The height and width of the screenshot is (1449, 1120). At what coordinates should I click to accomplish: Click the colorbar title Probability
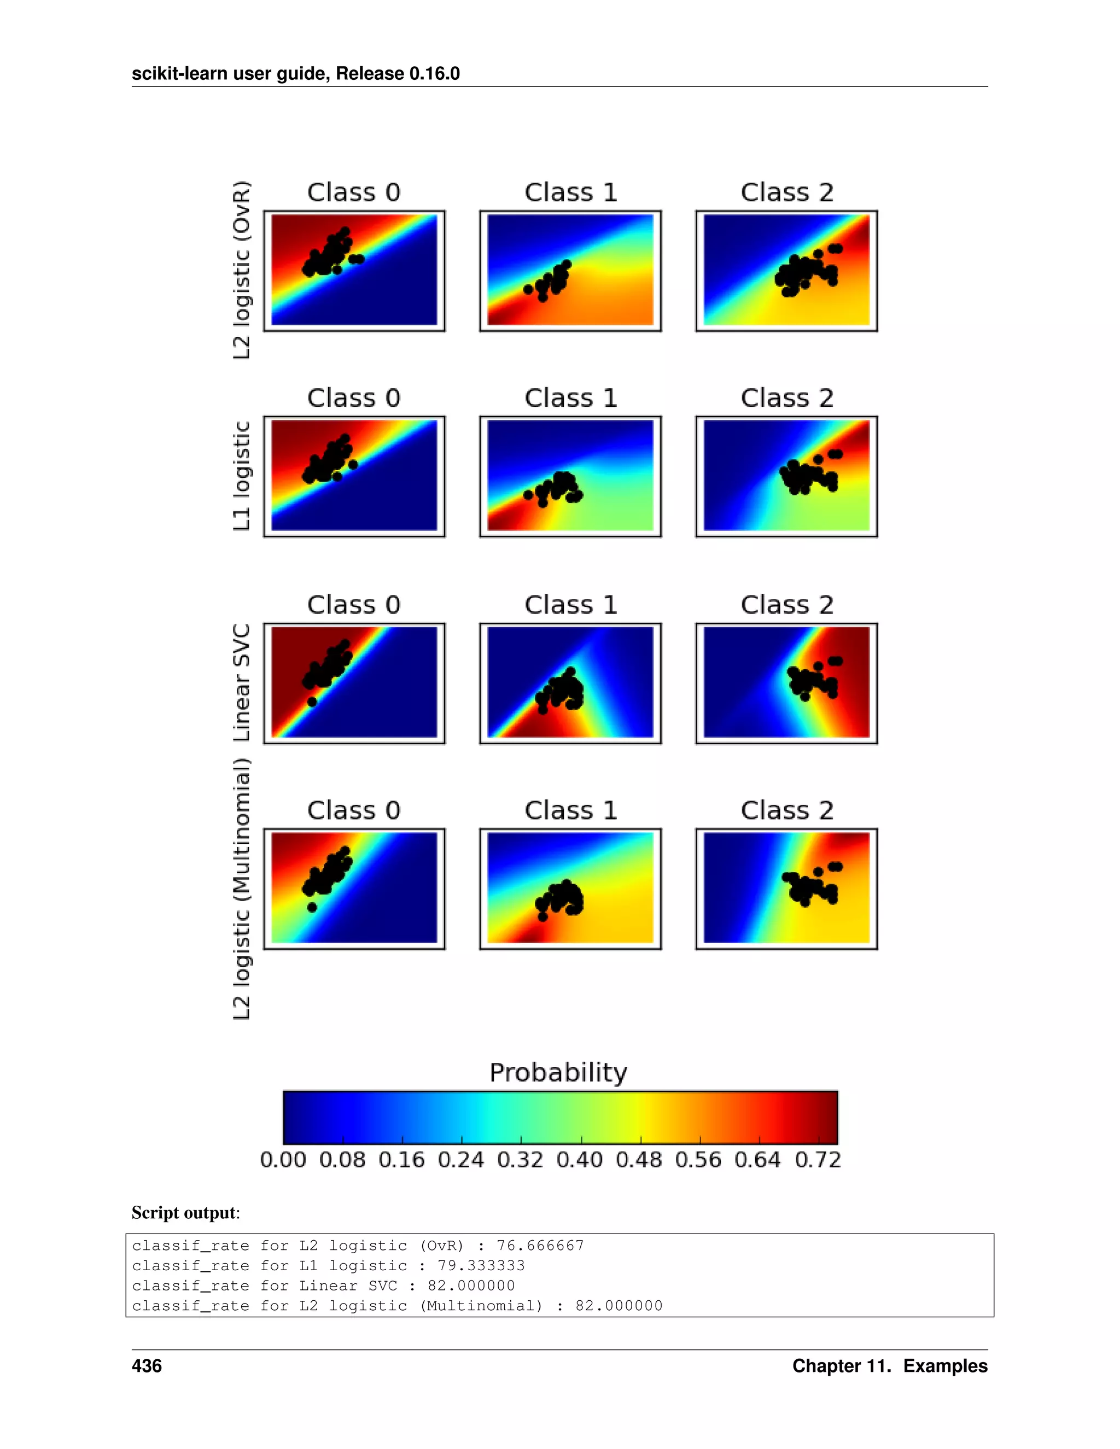pyautogui.click(x=558, y=1073)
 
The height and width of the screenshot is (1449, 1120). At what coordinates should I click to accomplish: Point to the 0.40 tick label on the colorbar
pyautogui.click(x=579, y=1160)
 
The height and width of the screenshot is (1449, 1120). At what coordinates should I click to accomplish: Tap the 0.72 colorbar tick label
pyautogui.click(x=818, y=1160)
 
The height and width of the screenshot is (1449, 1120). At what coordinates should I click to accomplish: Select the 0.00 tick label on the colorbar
pyautogui.click(x=283, y=1160)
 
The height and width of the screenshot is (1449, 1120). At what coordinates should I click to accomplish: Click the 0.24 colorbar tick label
pyautogui.click(x=460, y=1160)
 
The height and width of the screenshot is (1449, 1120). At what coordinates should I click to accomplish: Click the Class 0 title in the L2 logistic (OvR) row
pyautogui.click(x=354, y=192)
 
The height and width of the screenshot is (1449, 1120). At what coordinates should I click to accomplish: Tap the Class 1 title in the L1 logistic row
pyautogui.click(x=570, y=398)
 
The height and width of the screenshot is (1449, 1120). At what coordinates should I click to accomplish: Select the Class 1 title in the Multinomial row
pyautogui.click(x=570, y=811)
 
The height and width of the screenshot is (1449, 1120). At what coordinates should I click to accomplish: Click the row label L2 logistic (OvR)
pyautogui.click(x=242, y=270)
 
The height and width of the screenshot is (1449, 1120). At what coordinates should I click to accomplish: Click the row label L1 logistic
pyautogui.click(x=242, y=476)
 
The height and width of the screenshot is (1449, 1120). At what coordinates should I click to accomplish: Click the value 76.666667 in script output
pyautogui.click(x=540, y=1245)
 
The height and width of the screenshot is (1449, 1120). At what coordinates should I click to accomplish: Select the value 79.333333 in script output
pyautogui.click(x=481, y=1265)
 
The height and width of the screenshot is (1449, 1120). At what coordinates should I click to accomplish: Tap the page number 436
pyautogui.click(x=147, y=1366)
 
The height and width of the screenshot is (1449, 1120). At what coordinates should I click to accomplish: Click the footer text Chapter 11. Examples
pyautogui.click(x=889, y=1366)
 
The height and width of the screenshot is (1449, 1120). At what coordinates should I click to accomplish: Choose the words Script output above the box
pyautogui.click(x=184, y=1213)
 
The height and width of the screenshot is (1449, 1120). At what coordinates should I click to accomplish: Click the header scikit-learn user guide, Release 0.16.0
pyautogui.click(x=295, y=74)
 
